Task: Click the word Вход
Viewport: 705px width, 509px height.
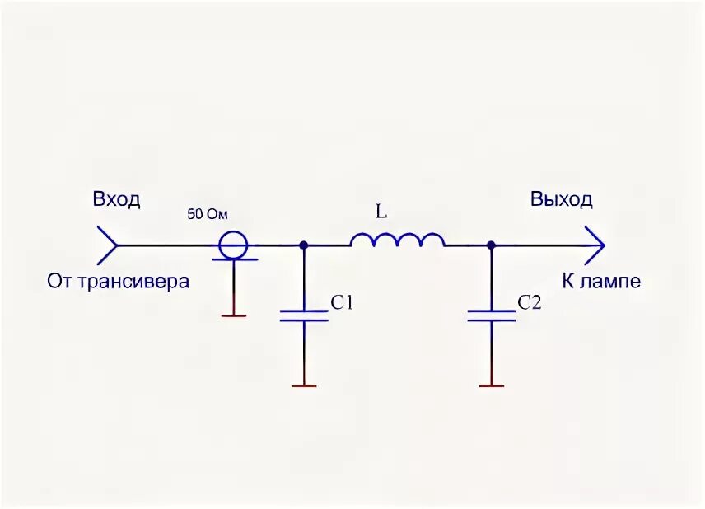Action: click(116, 199)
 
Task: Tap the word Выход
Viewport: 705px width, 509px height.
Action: click(561, 199)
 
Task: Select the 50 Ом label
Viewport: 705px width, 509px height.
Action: click(207, 214)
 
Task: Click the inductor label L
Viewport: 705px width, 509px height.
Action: click(381, 212)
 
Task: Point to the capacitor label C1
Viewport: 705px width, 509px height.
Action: click(342, 303)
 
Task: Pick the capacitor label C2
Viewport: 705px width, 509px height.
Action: click(530, 303)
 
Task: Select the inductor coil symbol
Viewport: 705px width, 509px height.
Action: click(397, 240)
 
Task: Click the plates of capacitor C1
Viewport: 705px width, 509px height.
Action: click(304, 315)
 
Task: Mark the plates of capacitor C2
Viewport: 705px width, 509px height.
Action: click(491, 315)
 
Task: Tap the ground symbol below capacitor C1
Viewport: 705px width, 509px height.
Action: click(304, 385)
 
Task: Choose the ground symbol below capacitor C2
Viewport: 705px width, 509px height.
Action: click(491, 385)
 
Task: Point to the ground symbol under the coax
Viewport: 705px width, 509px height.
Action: click(234, 314)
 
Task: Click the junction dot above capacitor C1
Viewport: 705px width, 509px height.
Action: click(304, 245)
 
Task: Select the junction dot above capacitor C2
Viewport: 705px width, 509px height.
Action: click(491, 245)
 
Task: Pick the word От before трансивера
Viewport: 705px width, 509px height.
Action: click(60, 282)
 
